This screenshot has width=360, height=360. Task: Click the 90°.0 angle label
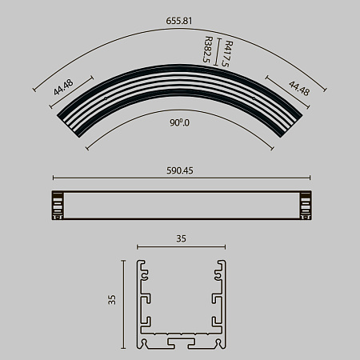tap(180, 123)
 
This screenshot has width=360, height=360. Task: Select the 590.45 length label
tap(180, 170)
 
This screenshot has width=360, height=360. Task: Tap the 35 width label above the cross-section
tap(180, 238)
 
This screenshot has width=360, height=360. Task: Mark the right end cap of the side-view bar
tap(303, 206)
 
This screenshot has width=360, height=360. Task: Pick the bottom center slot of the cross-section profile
tap(180, 342)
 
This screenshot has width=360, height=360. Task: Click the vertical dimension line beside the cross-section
tap(124, 304)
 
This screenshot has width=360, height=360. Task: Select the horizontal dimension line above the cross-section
tap(180, 246)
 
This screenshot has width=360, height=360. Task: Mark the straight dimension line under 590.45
tap(180, 178)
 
